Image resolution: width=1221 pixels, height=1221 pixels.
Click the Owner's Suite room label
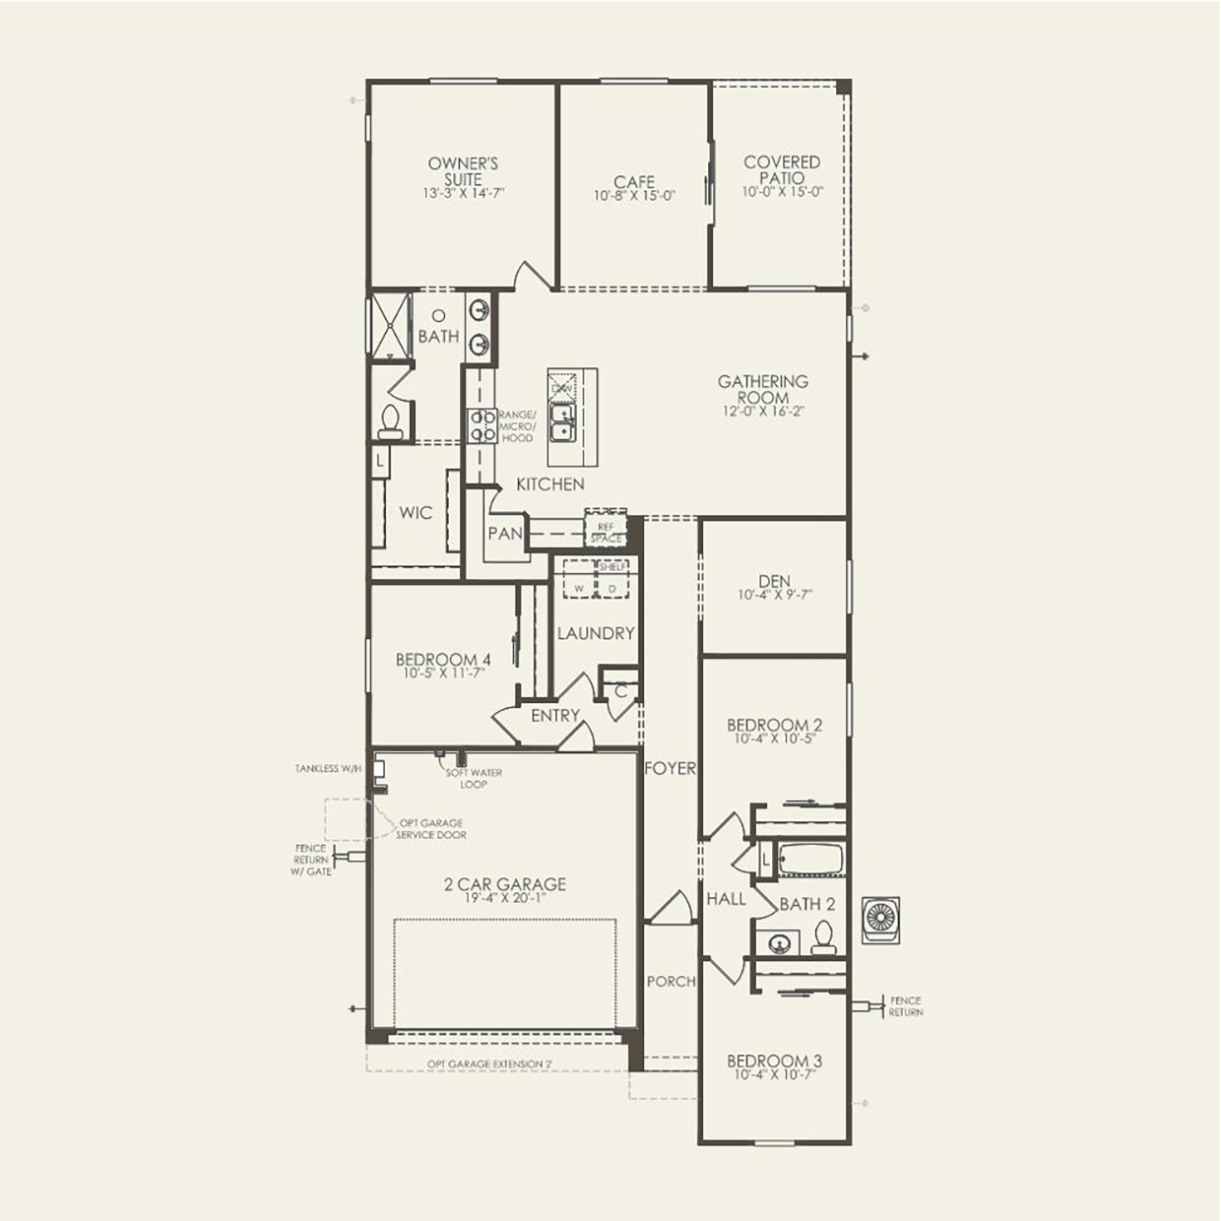click(x=463, y=171)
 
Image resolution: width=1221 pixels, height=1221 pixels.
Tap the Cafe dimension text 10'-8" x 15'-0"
click(x=634, y=196)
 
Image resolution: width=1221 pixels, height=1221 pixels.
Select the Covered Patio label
click(x=782, y=169)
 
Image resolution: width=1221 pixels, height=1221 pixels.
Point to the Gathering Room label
click(x=762, y=389)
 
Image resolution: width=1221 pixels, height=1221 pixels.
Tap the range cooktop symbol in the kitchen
click(x=482, y=425)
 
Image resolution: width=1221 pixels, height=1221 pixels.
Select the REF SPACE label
click(x=606, y=533)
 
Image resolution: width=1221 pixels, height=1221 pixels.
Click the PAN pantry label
click(x=505, y=533)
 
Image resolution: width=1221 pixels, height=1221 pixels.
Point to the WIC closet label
click(x=416, y=512)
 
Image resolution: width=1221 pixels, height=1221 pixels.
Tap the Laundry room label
click(x=596, y=633)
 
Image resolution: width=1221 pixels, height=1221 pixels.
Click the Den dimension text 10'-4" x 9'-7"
click(x=775, y=595)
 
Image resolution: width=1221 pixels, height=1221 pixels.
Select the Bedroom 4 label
click(x=443, y=660)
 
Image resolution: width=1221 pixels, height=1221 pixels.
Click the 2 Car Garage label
click(x=504, y=884)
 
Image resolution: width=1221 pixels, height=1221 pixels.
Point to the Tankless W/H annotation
click(x=328, y=768)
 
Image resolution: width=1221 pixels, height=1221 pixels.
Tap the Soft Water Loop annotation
click(x=474, y=778)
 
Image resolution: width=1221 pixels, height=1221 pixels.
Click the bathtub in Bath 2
click(x=810, y=859)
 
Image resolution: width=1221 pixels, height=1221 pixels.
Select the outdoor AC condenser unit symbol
click(x=880, y=920)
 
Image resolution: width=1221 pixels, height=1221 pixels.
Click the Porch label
click(x=671, y=981)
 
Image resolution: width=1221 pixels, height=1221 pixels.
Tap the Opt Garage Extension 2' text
click(x=489, y=1063)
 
